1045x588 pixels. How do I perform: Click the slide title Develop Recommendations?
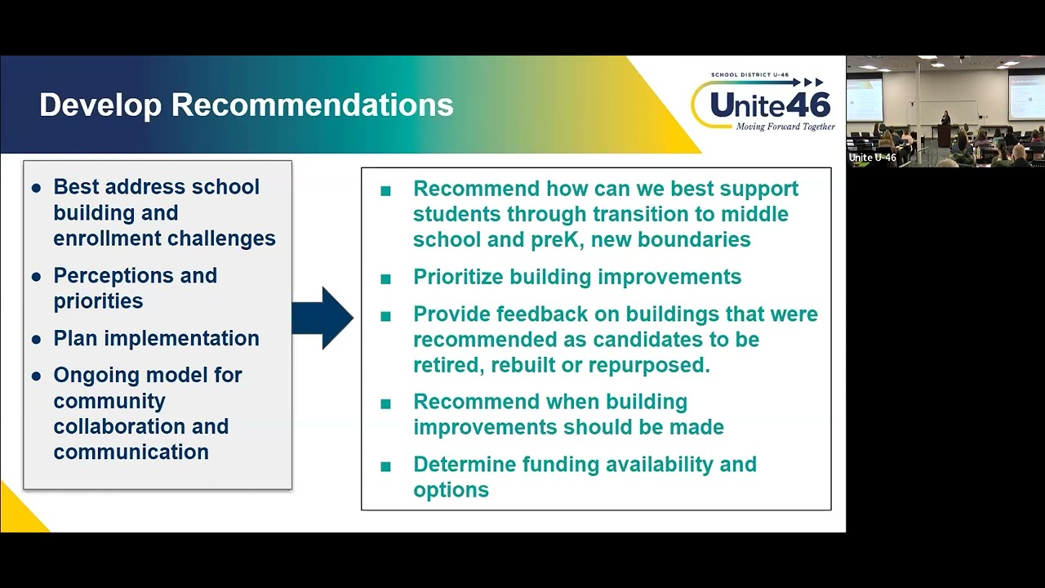[x=246, y=105]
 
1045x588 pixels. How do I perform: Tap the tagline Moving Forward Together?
[x=785, y=127]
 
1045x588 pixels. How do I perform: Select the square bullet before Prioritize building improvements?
[x=385, y=278]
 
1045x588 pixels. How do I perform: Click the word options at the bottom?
[x=451, y=490]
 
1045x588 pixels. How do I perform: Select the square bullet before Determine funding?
[x=385, y=466]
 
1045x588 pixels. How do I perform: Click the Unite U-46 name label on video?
[x=872, y=158]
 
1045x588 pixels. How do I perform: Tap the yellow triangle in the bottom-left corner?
[x=16, y=514]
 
